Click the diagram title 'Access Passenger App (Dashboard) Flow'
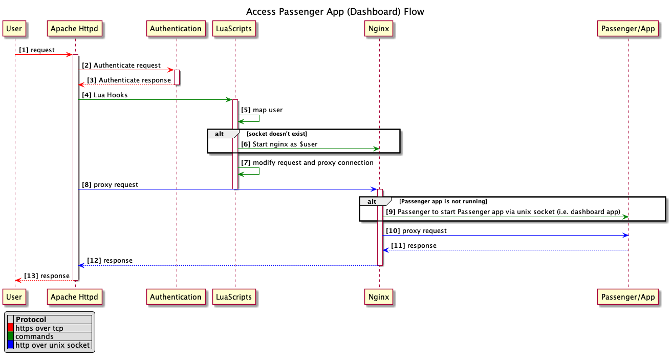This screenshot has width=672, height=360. (335, 11)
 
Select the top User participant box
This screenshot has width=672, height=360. (14, 29)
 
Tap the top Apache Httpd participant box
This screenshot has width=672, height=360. (75, 29)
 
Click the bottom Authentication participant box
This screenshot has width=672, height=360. (176, 297)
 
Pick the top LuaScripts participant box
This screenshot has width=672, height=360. (234, 29)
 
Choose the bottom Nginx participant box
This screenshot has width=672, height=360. (379, 297)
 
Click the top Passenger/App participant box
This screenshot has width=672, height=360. (628, 29)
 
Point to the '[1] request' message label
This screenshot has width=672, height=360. (37, 50)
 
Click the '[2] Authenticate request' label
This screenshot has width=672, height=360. (121, 66)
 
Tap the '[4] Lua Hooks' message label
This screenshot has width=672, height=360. (104, 95)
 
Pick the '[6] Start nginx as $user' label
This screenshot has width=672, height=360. (279, 144)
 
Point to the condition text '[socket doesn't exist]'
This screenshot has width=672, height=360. (276, 134)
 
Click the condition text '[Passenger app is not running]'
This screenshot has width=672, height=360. (443, 201)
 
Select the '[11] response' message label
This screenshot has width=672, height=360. (414, 246)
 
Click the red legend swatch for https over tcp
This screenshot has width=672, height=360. (10, 328)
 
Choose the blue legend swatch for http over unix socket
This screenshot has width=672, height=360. (10, 345)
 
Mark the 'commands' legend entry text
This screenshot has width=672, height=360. (34, 336)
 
